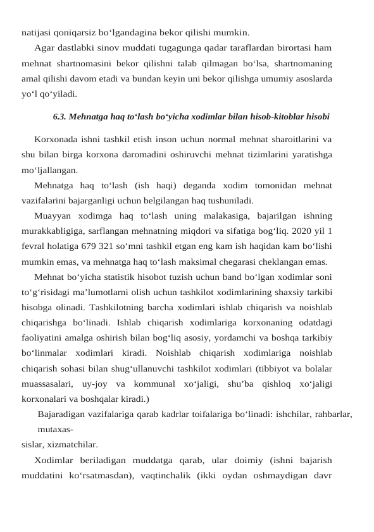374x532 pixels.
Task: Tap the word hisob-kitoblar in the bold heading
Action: pos(276,117)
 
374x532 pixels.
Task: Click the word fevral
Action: pos(34,246)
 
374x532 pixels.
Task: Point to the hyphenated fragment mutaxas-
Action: pos(54,430)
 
